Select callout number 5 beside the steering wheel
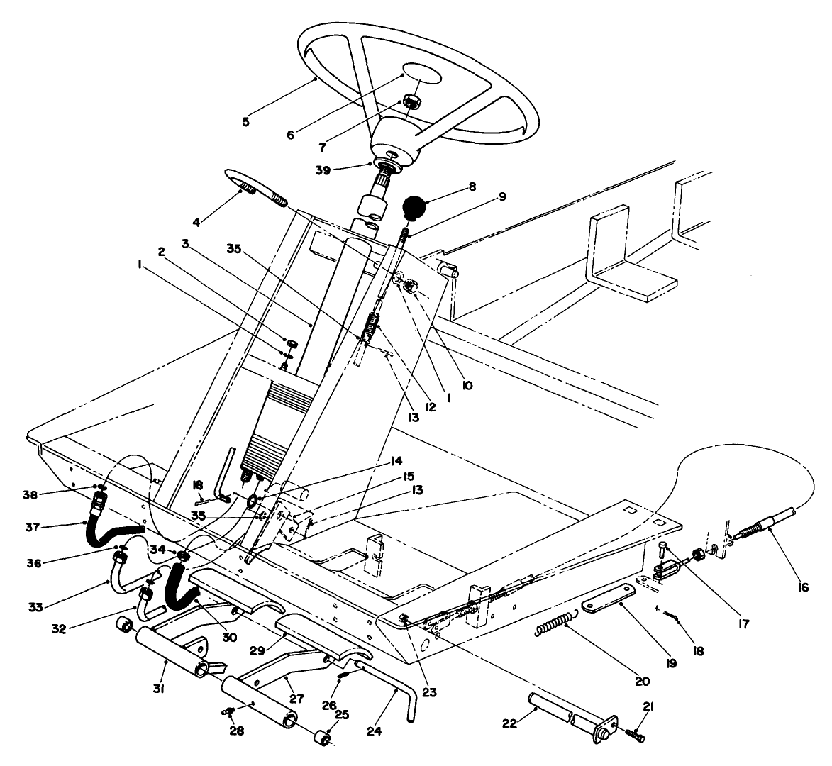[245, 122]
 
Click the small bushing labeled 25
[324, 740]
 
